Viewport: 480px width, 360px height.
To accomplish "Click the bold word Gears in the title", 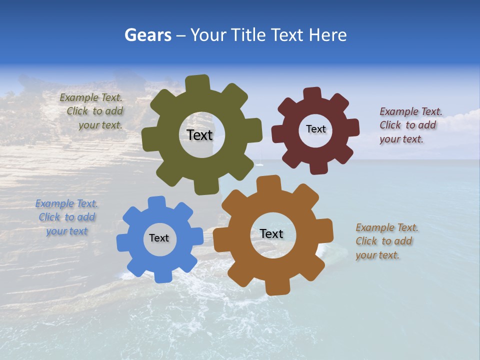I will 147,35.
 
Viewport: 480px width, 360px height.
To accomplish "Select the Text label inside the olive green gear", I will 199,135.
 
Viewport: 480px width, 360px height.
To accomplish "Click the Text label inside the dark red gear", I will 315,129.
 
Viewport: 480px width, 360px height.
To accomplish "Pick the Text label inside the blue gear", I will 159,238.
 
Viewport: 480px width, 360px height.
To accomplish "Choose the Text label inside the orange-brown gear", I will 271,233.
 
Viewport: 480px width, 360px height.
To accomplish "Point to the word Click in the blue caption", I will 49,217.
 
